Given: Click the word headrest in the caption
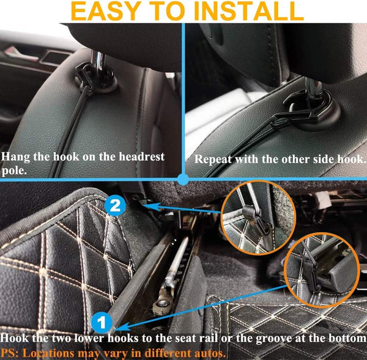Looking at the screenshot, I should click(x=135, y=157).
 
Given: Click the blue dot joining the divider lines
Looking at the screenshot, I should click(x=182, y=178).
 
